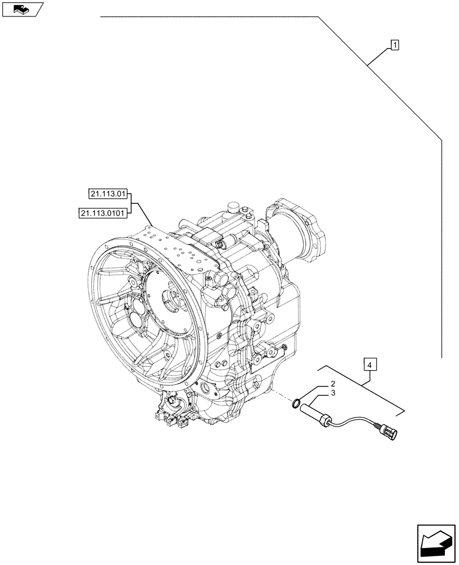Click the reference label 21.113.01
point(107,194)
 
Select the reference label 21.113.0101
point(103,212)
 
